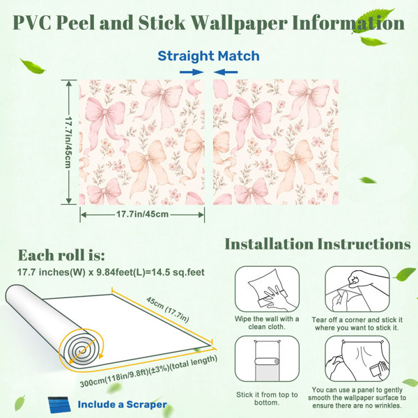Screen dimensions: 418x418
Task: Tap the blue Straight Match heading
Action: pos(208,56)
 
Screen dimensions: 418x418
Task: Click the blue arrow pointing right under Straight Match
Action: pos(192,72)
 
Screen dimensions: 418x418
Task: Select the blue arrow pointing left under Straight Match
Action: pos(226,72)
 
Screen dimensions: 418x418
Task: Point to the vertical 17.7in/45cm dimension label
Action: pos(68,142)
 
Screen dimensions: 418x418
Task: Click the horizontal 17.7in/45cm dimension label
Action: pos(142,214)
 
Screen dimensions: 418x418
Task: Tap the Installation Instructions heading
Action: pos(318,244)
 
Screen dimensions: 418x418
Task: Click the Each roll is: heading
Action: pos(61,255)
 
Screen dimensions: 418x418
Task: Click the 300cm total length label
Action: pos(148,371)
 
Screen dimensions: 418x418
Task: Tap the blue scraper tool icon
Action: pos(59,405)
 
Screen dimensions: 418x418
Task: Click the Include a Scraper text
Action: pos(123,404)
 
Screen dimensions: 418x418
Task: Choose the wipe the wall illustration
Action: pos(267,289)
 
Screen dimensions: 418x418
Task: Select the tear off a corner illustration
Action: pos(357,289)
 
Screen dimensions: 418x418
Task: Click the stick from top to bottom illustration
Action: pos(267,359)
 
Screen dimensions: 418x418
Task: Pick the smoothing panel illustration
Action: pos(357,359)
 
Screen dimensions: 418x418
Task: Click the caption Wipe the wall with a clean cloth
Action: pos(267,323)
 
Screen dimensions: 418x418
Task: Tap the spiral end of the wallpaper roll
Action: pos(81,348)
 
